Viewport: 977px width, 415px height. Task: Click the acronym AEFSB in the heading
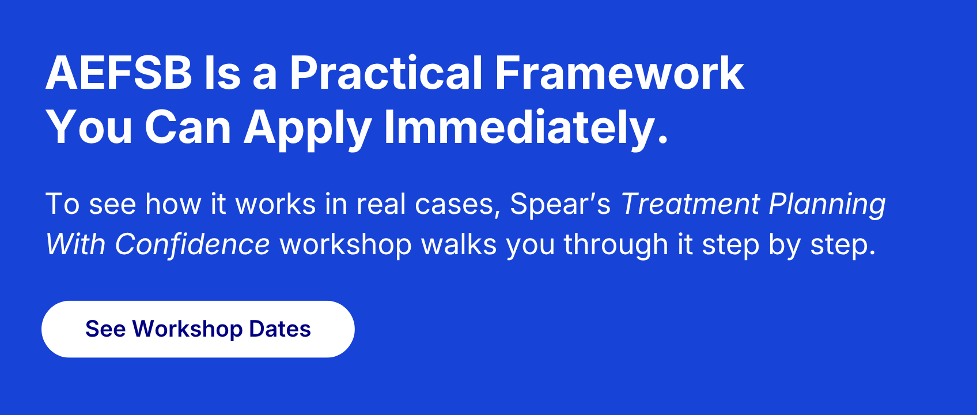pyautogui.click(x=119, y=74)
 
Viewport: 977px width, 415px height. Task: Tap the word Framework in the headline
pyautogui.click(x=619, y=74)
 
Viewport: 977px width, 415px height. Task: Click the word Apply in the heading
pyautogui.click(x=307, y=128)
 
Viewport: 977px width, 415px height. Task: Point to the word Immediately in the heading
pyautogui.click(x=525, y=128)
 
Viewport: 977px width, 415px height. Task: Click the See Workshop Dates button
pyautogui.click(x=198, y=329)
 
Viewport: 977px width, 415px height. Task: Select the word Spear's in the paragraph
pyautogui.click(x=560, y=204)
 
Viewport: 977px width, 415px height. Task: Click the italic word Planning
pyautogui.click(x=827, y=204)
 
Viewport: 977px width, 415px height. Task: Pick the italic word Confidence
pyautogui.click(x=192, y=244)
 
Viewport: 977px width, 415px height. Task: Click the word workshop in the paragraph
pyautogui.click(x=346, y=244)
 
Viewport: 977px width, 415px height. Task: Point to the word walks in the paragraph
pyautogui.click(x=459, y=244)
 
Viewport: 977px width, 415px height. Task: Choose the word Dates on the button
pyautogui.click(x=280, y=329)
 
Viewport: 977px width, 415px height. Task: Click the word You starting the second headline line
pyautogui.click(x=89, y=128)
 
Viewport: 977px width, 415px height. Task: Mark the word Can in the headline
pyautogui.click(x=188, y=128)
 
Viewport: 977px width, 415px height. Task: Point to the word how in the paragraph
pyautogui.click(x=173, y=204)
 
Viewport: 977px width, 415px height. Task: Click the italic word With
pyautogui.click(x=75, y=244)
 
